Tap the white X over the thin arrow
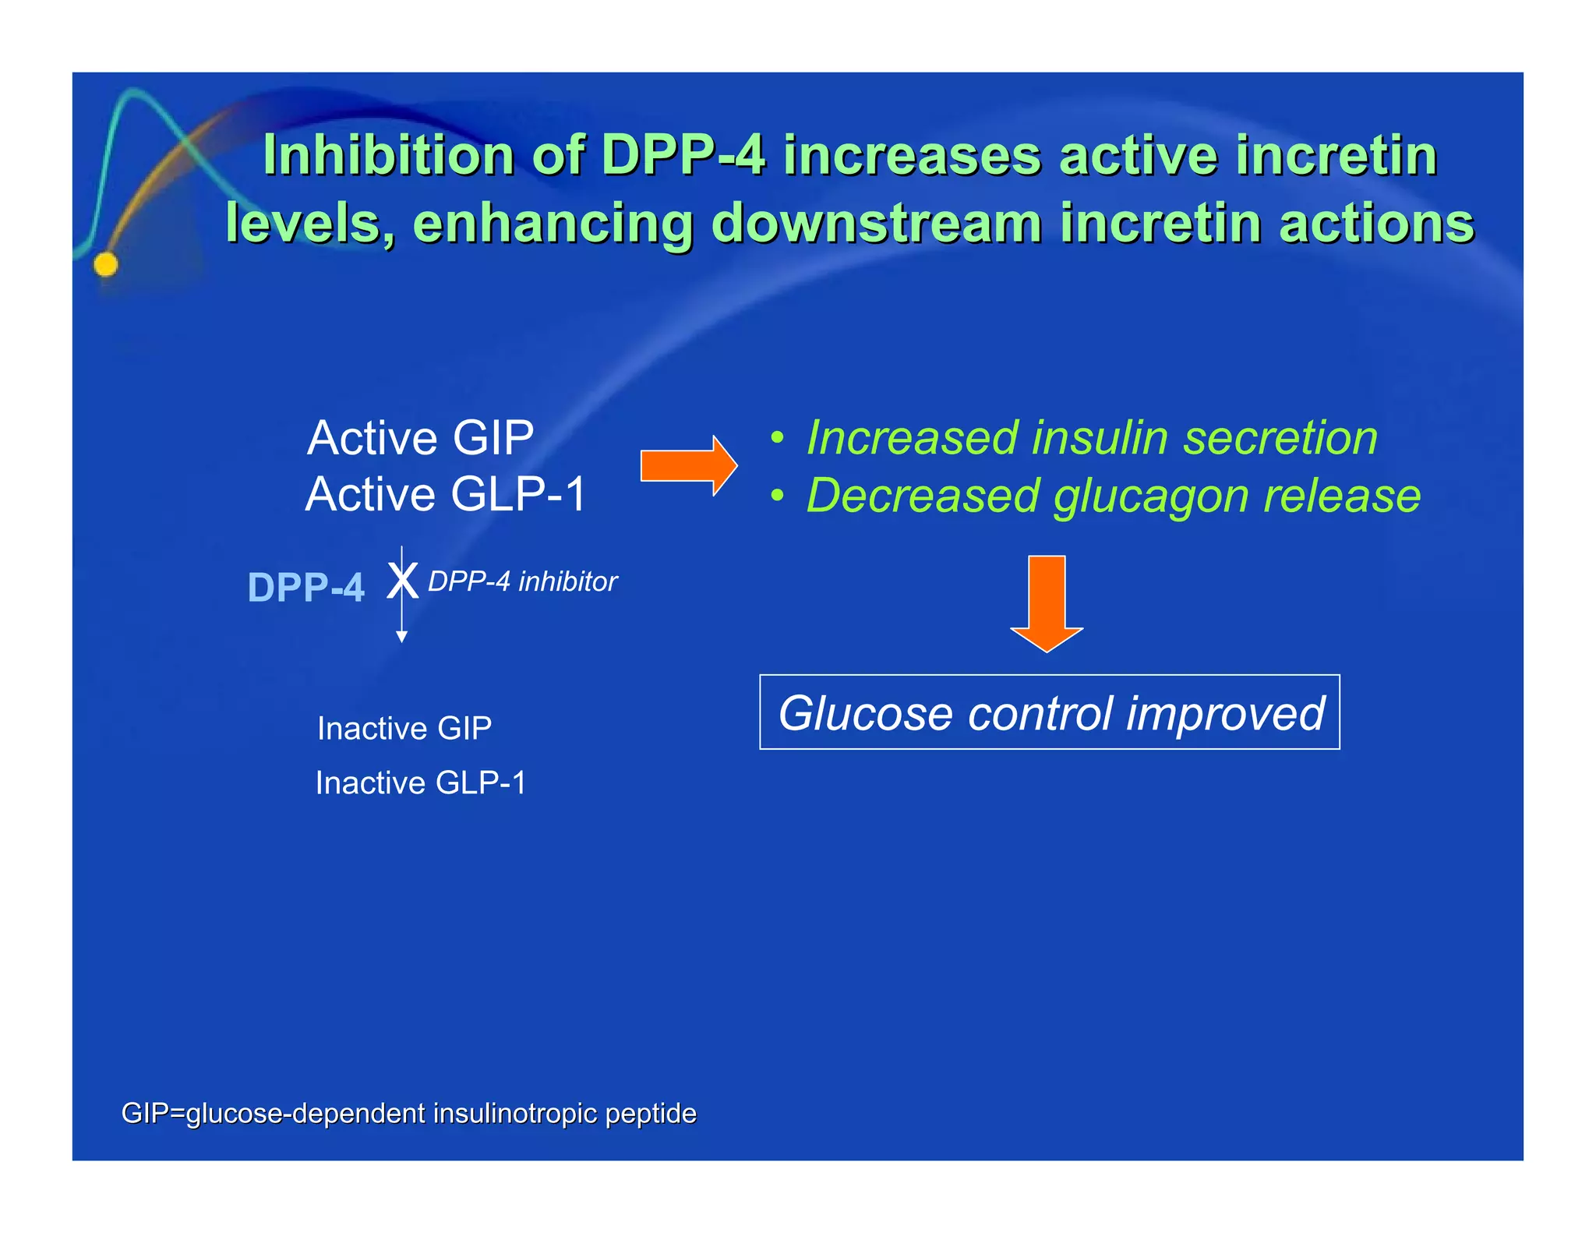pos(402,581)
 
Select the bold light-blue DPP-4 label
pos(305,588)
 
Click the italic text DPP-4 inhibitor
pos(522,581)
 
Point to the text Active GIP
pos(420,437)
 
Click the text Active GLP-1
pos(445,494)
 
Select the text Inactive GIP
pos(404,729)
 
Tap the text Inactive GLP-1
pos(421,783)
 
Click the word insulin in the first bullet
pos(1099,437)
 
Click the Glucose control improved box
pos(1049,712)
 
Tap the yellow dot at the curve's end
pos(106,265)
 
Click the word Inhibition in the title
pos(387,155)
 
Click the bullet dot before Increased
pos(777,438)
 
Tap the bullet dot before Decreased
pos(777,496)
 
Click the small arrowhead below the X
pos(401,637)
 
